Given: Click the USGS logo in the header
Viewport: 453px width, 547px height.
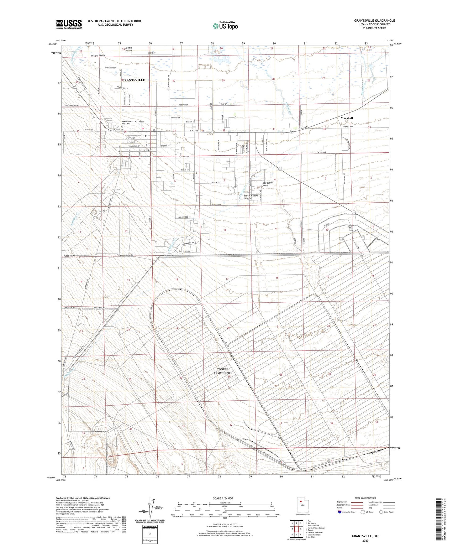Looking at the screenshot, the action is (x=69, y=24).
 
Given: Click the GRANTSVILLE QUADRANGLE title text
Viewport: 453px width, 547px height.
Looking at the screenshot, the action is (x=374, y=21).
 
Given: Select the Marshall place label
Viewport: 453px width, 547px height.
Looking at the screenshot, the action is (x=347, y=118).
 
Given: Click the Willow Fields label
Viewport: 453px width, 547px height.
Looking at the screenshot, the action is (x=98, y=56).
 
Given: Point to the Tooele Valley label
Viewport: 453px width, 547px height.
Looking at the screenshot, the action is (x=129, y=49).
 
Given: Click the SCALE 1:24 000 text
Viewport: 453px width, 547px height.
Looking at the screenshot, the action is (x=223, y=498).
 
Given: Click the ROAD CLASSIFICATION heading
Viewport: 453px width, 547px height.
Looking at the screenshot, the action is (x=365, y=498).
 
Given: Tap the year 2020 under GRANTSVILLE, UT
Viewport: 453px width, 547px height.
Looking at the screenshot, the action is (x=365, y=541).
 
